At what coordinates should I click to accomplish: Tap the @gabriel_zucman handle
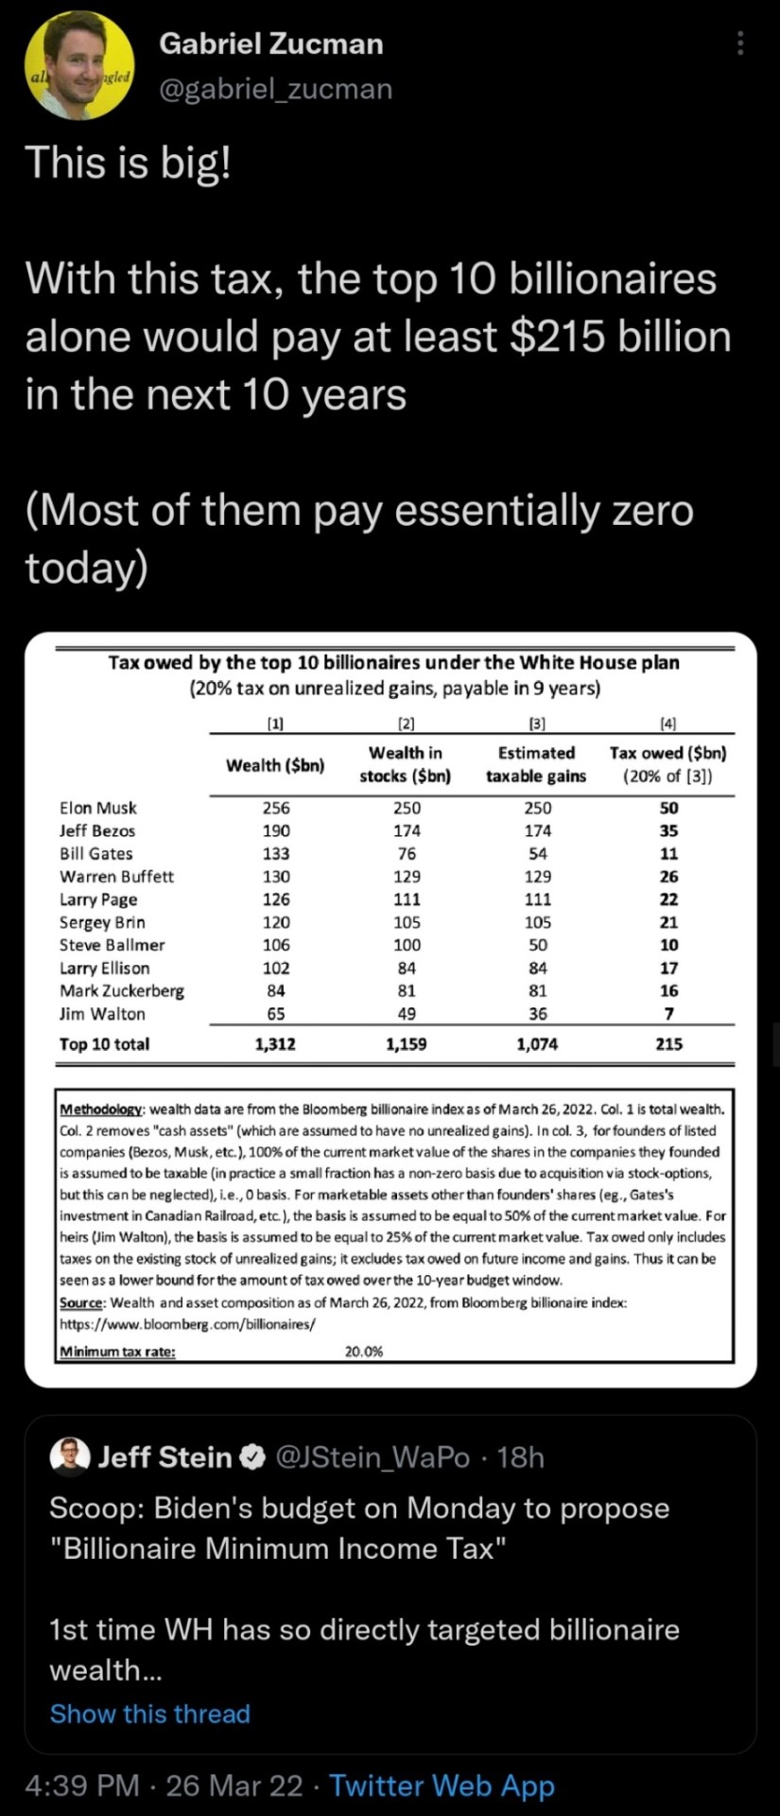click(275, 89)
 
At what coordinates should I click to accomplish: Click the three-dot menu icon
click(740, 44)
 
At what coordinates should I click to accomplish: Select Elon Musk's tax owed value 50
click(668, 808)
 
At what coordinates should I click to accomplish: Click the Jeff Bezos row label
click(97, 830)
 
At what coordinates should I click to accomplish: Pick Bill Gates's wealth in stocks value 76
click(406, 853)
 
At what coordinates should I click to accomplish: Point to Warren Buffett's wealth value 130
click(276, 877)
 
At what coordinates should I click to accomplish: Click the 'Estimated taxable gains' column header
click(536, 764)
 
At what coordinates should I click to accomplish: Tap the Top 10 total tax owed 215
click(668, 1044)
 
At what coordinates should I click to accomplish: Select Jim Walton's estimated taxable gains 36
click(537, 1014)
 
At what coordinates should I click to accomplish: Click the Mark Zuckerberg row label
click(122, 990)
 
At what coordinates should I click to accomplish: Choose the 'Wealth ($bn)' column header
click(275, 765)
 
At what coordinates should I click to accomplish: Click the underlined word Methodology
click(101, 1109)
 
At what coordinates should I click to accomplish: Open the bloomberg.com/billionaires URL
click(187, 1324)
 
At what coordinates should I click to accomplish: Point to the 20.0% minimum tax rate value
click(364, 1352)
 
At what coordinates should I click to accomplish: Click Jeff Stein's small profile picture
click(69, 1457)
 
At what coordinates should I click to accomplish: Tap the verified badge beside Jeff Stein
click(252, 1458)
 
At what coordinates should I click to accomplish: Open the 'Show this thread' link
click(150, 1714)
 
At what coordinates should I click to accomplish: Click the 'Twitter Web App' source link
click(442, 1786)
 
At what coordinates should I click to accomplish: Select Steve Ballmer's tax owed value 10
click(668, 945)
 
